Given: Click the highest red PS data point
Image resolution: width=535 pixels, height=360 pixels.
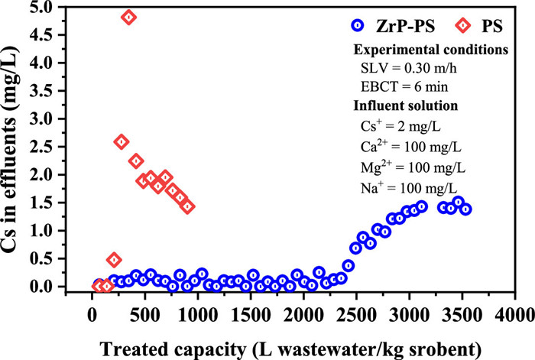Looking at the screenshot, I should (128, 18).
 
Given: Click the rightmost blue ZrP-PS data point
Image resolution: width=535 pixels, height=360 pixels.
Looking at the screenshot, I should (465, 209).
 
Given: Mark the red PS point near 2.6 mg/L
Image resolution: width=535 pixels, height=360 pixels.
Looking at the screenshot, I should (121, 141).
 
